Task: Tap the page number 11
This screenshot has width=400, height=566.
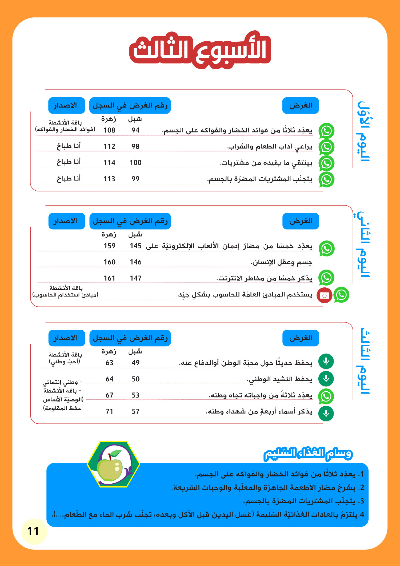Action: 33,531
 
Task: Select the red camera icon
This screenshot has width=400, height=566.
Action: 324,295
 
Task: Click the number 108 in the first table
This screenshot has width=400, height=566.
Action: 109,130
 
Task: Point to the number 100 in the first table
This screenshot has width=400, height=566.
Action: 135,162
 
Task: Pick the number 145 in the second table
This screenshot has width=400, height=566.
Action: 135,246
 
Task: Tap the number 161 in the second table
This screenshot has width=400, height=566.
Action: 109,278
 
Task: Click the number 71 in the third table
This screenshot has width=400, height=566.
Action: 109,411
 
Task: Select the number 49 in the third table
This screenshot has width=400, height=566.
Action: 135,363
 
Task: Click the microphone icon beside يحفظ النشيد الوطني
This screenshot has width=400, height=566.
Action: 326,379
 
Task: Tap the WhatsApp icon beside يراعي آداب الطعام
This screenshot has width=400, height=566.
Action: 326,147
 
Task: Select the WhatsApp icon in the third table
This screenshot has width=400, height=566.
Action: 326,396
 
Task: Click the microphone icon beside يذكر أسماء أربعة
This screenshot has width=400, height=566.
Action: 326,413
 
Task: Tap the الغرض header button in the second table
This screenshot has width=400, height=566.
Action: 301,221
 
